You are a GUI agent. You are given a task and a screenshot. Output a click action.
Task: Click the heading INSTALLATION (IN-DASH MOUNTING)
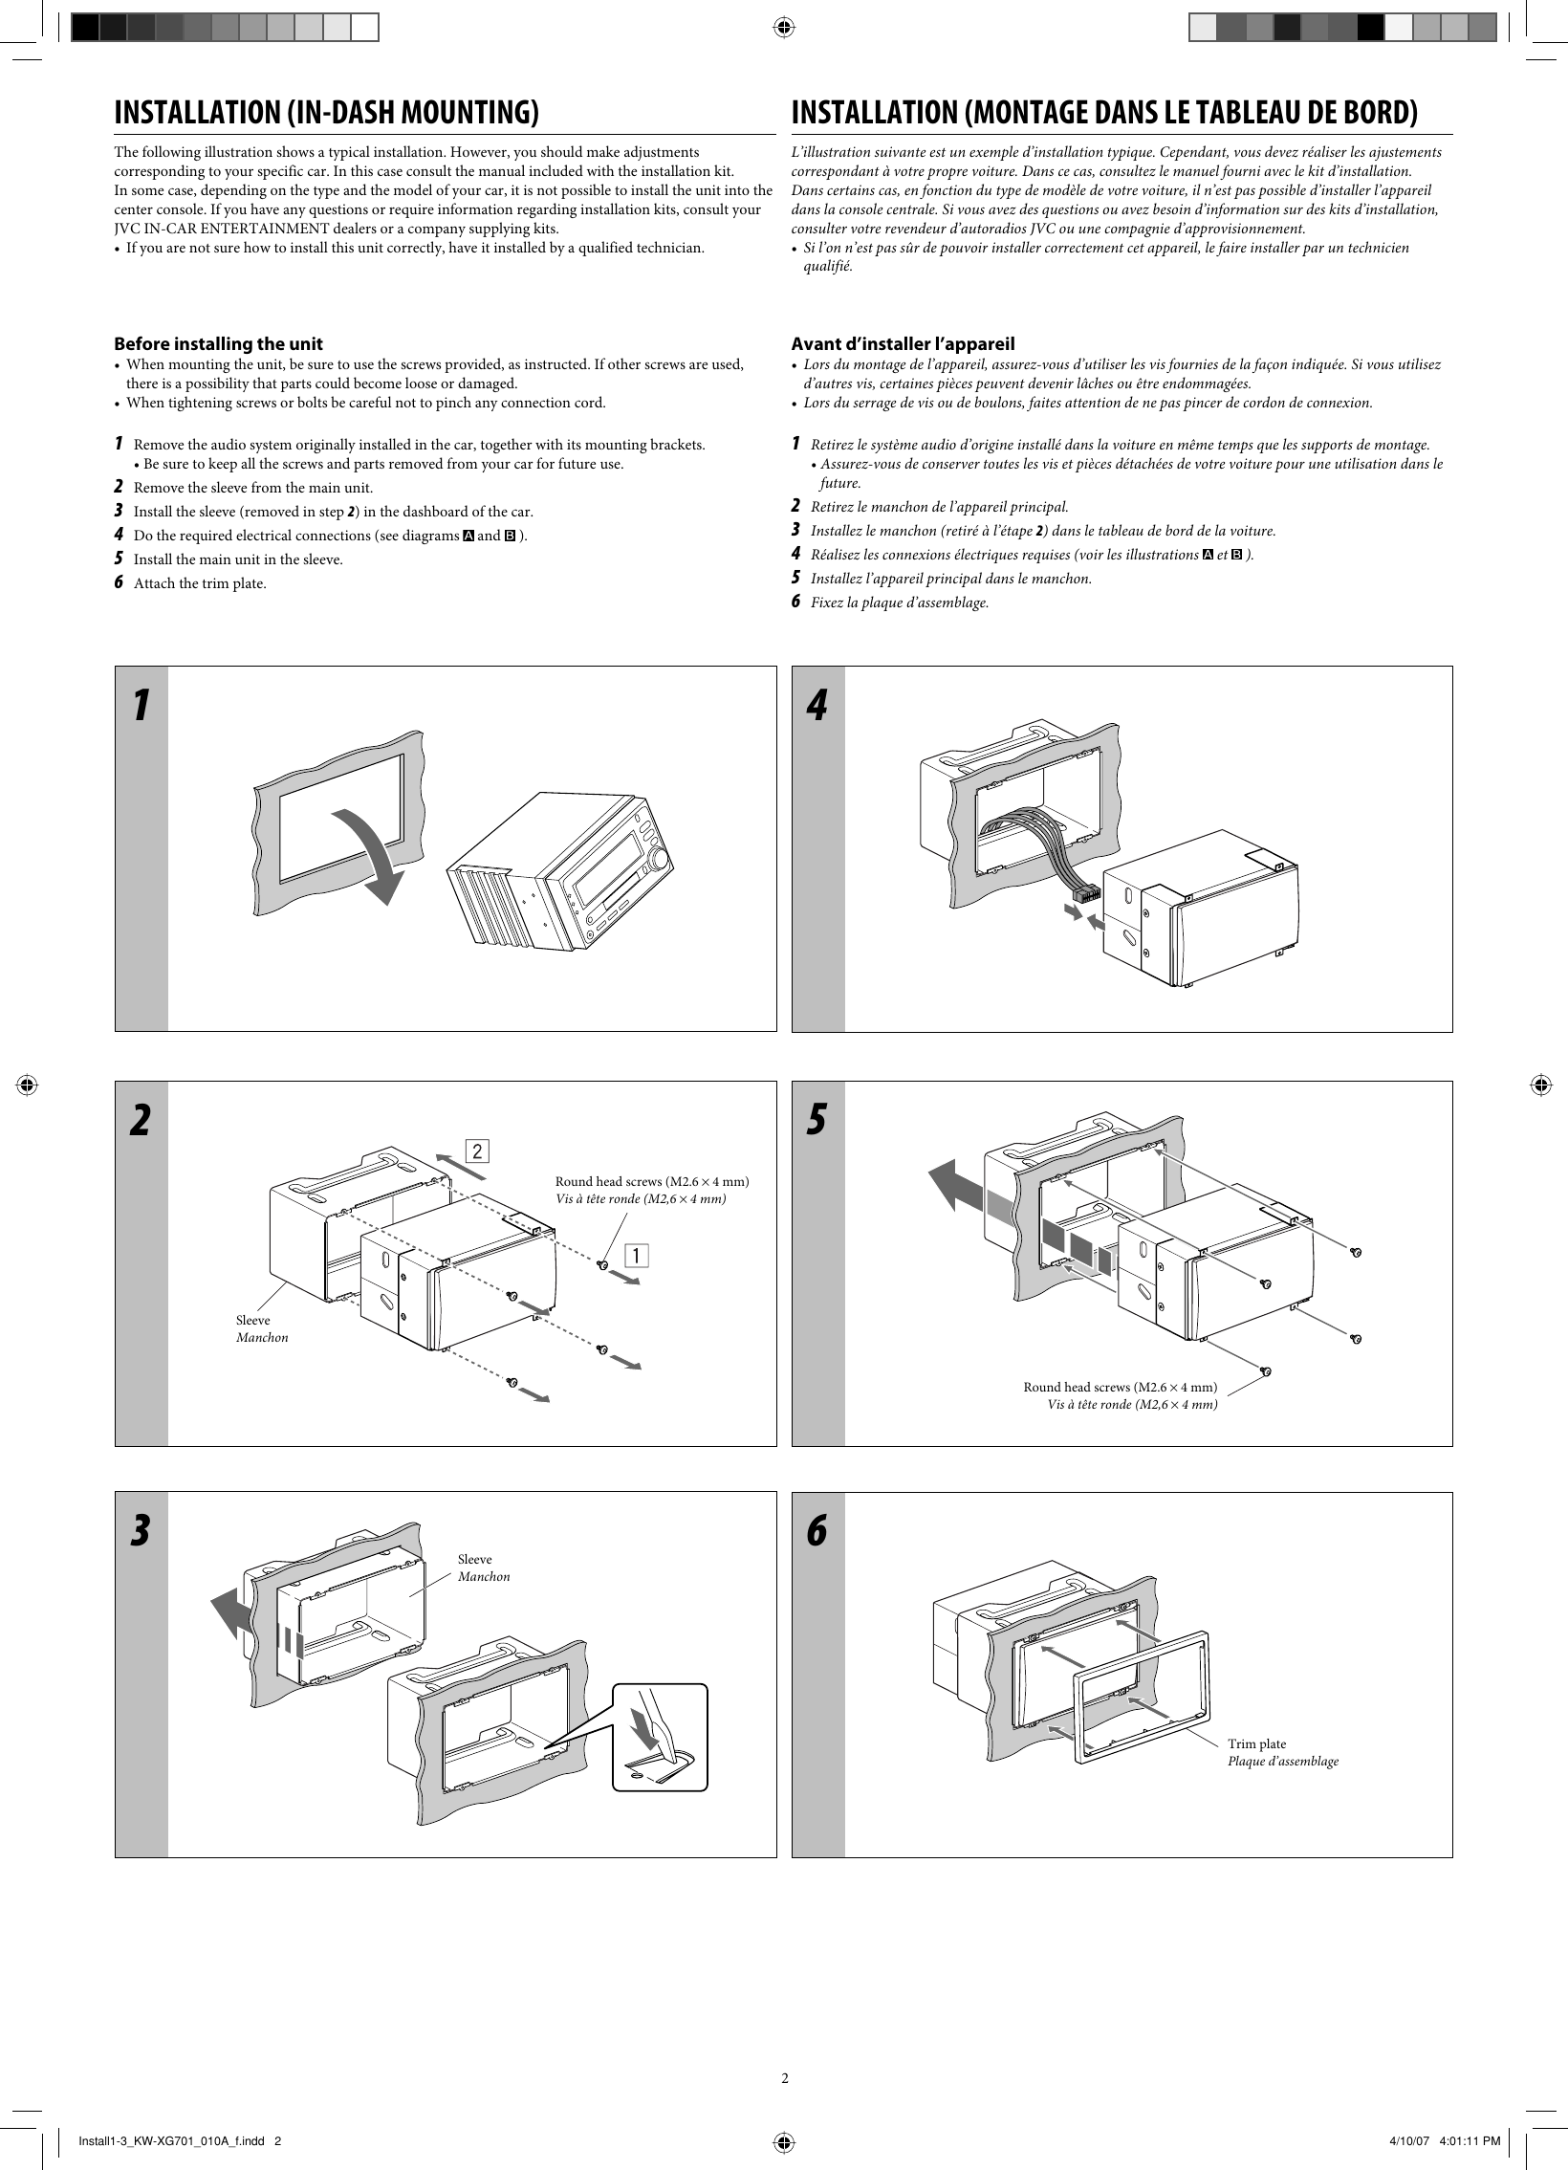(x=326, y=113)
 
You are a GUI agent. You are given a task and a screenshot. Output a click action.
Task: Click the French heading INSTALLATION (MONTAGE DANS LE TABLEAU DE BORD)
(x=1104, y=113)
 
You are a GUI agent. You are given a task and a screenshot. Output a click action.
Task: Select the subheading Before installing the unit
(x=218, y=343)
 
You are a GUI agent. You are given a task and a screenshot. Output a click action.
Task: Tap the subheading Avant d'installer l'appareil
(x=903, y=343)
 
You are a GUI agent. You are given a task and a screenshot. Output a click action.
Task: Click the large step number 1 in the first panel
(x=141, y=706)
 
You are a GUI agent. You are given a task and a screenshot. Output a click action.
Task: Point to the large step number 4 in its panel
(x=817, y=706)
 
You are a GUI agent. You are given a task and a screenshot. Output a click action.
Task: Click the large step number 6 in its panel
(x=817, y=1532)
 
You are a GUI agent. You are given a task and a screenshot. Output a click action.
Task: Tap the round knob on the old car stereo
(x=658, y=862)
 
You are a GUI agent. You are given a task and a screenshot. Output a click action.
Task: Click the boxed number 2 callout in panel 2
(x=477, y=1150)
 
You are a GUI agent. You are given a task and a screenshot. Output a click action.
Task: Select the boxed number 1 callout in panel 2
(x=637, y=1255)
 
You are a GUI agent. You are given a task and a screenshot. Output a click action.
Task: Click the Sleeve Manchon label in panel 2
(x=261, y=1329)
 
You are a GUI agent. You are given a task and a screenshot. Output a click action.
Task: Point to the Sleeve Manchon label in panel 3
(x=483, y=1567)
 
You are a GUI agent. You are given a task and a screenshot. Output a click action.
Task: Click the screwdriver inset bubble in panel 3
(x=660, y=1737)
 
